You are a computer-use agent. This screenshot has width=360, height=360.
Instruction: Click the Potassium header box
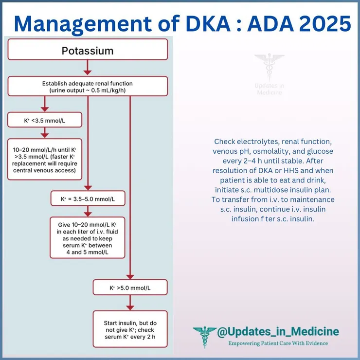coord(87,51)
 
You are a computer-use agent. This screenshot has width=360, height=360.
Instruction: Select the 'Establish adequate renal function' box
coord(87,87)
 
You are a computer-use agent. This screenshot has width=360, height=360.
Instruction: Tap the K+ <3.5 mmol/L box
coord(44,120)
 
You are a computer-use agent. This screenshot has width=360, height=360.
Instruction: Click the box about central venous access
coord(44,159)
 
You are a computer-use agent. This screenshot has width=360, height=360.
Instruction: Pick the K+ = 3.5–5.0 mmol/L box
coord(88,198)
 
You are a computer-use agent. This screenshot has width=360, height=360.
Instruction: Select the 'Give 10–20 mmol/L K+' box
coord(88,237)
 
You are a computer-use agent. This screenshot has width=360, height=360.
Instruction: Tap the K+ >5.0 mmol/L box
coord(130,288)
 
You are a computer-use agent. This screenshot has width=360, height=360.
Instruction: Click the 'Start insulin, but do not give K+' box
coord(130,328)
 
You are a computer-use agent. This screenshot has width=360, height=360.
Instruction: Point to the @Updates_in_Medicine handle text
coord(278,332)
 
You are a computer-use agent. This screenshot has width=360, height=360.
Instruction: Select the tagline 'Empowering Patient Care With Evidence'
coord(279,343)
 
